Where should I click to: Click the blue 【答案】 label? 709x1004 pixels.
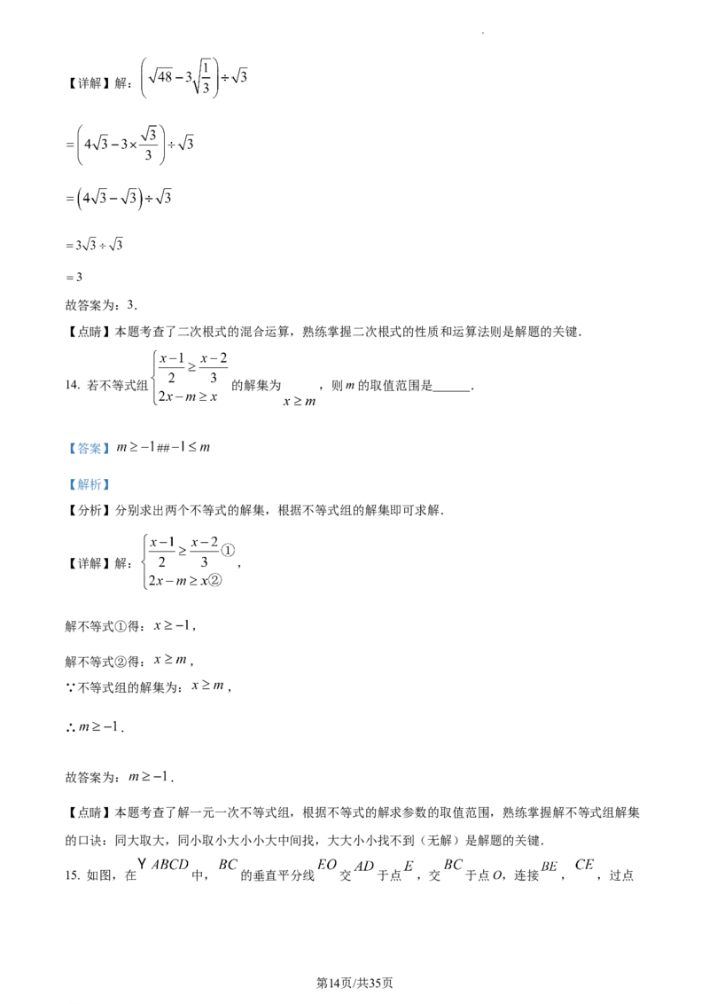(89, 448)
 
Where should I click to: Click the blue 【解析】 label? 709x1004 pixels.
(89, 484)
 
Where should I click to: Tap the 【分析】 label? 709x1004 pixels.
(89, 510)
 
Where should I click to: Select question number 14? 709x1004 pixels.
(73, 385)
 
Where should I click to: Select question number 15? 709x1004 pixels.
(73, 875)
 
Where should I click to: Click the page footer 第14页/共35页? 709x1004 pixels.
(354, 983)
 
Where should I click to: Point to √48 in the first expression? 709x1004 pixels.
(160, 76)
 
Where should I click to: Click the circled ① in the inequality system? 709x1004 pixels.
(228, 549)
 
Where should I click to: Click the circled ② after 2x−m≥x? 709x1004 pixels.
(215, 580)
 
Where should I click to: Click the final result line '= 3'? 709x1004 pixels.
(74, 278)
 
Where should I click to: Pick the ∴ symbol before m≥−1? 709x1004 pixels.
(70, 727)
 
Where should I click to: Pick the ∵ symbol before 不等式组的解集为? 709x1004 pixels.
(70, 687)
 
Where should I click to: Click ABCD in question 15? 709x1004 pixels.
(170, 865)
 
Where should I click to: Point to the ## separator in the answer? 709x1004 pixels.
(163, 448)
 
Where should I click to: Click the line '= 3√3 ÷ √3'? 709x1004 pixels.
(94, 245)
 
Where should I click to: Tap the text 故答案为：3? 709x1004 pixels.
(101, 305)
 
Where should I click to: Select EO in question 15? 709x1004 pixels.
(327, 865)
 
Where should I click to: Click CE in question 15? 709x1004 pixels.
(584, 865)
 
